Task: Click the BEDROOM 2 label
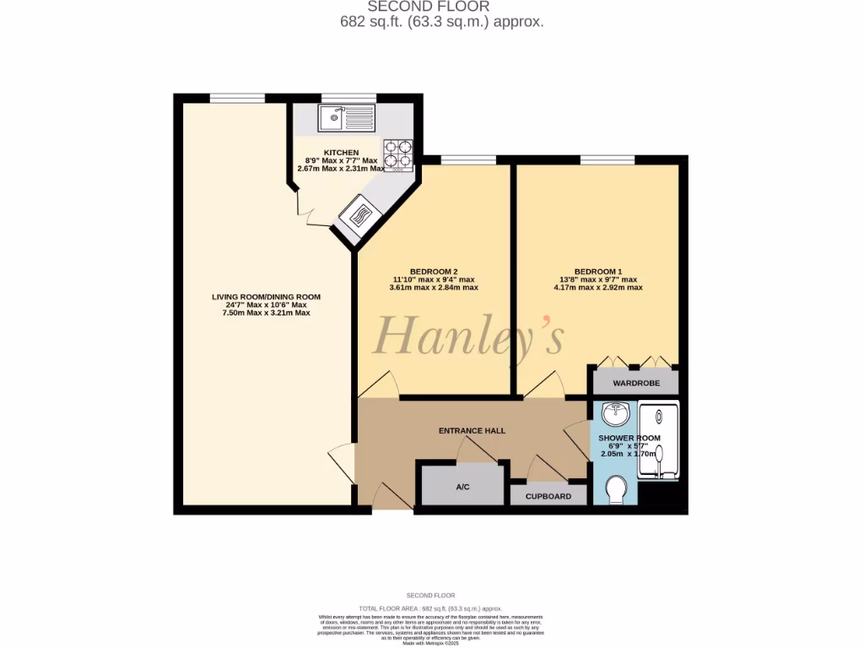pos(434,271)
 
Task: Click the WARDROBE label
pos(635,382)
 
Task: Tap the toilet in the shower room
pos(618,489)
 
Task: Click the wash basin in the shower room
pos(618,413)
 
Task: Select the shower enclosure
pos(657,441)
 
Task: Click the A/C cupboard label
pos(462,487)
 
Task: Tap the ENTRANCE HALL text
pos(472,430)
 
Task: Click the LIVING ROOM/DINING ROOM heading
pos(266,297)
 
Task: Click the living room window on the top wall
pos(237,98)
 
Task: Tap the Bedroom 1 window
pos(607,159)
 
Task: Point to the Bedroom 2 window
pos(467,159)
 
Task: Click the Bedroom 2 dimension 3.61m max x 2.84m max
pos(434,288)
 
